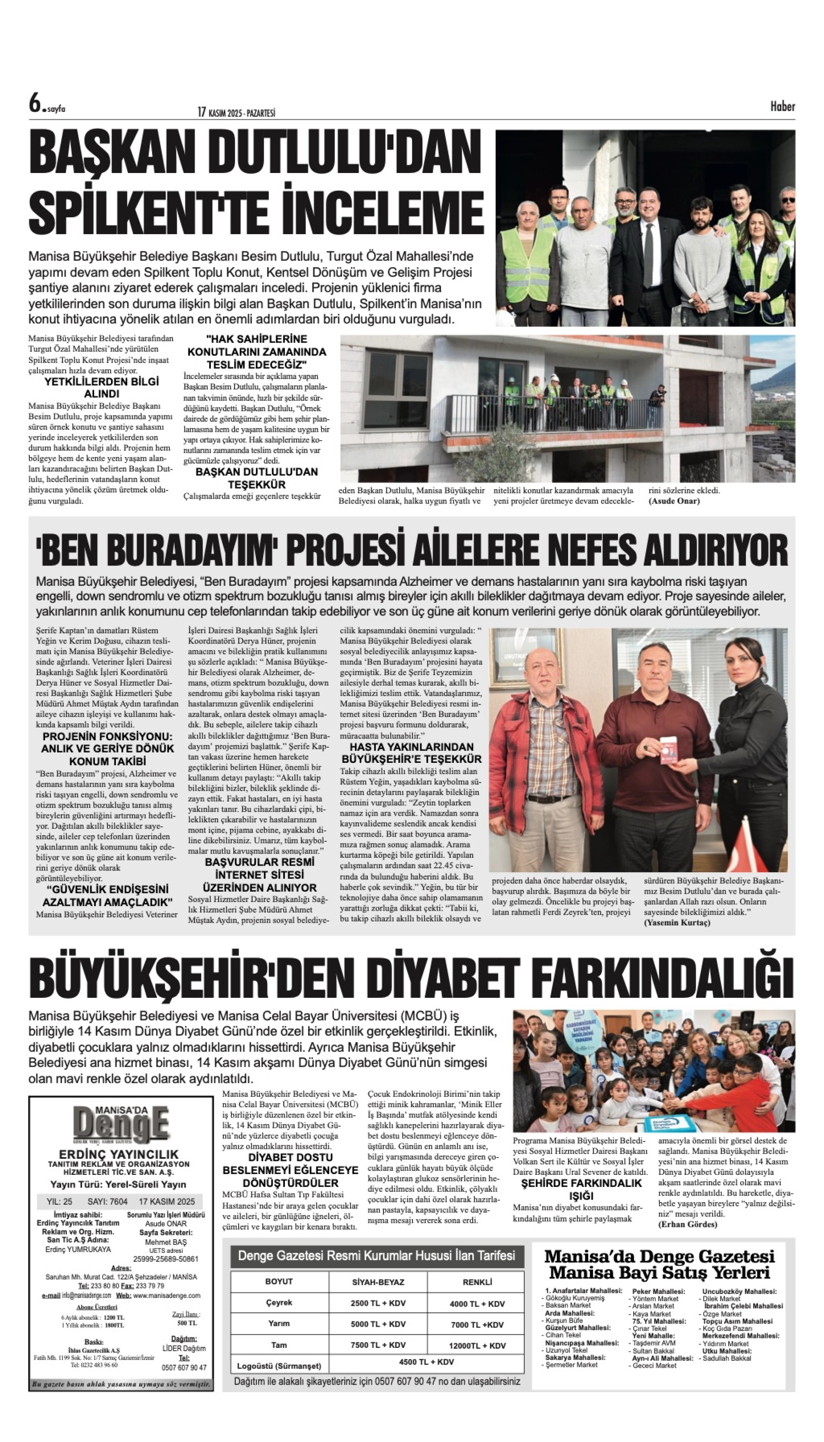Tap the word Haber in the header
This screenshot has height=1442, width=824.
(782, 106)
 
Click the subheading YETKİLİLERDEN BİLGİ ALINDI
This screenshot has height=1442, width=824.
(102, 388)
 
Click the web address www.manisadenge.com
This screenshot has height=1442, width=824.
(167, 1295)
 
